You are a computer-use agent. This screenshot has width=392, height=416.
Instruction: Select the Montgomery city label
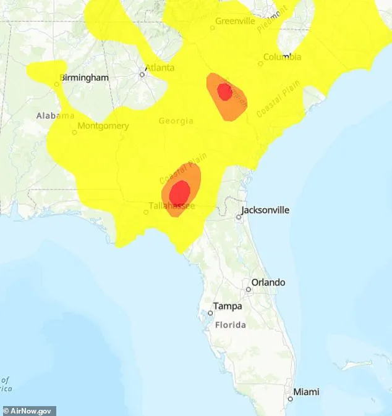click(x=103, y=126)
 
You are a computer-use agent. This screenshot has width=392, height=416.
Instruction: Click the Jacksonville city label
click(x=265, y=210)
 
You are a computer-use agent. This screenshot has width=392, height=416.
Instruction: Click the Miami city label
click(x=307, y=392)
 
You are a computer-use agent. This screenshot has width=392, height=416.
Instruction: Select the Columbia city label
click(x=283, y=57)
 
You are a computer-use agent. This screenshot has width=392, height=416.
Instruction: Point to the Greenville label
click(x=235, y=21)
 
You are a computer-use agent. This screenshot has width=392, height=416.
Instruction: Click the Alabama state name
click(x=55, y=115)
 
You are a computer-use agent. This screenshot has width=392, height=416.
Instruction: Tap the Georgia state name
click(x=176, y=121)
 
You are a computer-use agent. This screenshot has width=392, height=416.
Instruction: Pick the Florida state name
click(x=229, y=325)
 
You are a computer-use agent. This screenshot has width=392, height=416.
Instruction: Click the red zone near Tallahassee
click(x=180, y=192)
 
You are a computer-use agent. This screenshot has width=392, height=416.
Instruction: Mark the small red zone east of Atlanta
click(x=225, y=92)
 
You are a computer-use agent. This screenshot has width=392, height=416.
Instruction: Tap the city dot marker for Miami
click(x=289, y=399)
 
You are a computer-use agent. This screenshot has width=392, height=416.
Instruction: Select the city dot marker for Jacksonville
click(x=239, y=217)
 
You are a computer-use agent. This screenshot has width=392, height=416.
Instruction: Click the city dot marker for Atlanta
click(x=142, y=75)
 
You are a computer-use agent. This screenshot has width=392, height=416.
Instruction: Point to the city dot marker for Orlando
click(x=248, y=289)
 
